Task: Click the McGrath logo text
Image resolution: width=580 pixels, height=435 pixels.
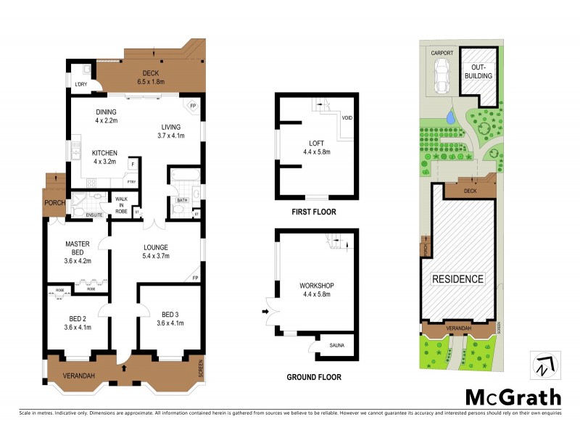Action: coord(513,397)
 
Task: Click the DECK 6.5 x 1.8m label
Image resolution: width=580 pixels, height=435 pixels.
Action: coord(152,78)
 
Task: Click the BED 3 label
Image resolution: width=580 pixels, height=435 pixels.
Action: coord(170,317)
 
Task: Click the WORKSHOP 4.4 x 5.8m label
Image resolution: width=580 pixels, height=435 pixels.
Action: coord(315,289)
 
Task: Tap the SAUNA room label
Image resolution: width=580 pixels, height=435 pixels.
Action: coord(337,346)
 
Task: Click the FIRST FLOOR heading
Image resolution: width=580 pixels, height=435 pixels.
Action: coord(313,212)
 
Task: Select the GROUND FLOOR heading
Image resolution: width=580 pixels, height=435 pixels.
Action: coord(313,377)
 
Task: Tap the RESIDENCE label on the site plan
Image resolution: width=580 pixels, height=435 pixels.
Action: coord(457,278)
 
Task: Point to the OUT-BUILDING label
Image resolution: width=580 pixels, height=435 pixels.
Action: coord(478,71)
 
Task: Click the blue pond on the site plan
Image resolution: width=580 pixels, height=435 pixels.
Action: coord(450,116)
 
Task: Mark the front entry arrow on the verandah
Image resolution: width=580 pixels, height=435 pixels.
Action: coord(123,368)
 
